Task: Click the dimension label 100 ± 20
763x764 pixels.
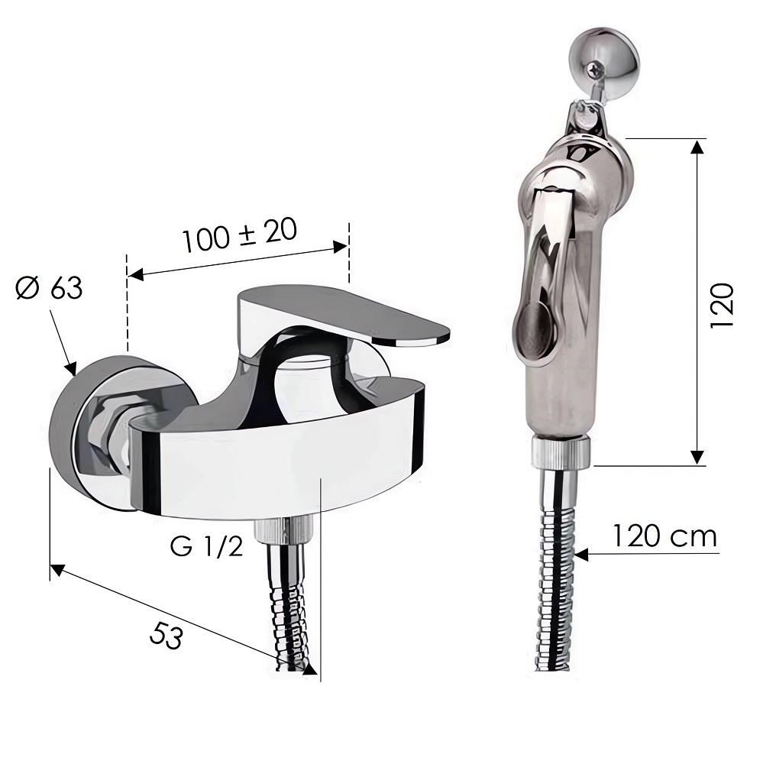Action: point(239,235)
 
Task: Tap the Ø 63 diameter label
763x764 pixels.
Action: point(49,289)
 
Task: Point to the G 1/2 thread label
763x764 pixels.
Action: point(206,547)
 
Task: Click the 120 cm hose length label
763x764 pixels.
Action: point(664,536)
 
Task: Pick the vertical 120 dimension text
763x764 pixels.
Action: point(722,306)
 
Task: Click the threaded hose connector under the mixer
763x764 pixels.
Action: point(283,530)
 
